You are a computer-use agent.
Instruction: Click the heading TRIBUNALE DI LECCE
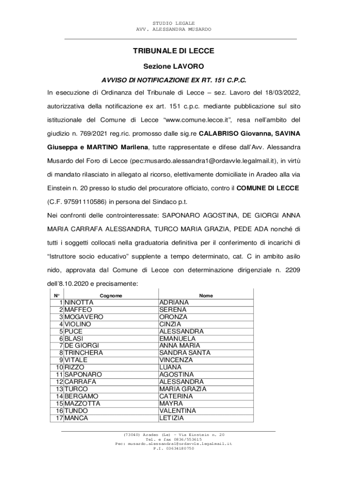pyautogui.click(x=173, y=51)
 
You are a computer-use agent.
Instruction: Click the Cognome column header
pyautogui.click(x=111, y=296)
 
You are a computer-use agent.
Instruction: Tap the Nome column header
pyautogui.click(x=206, y=296)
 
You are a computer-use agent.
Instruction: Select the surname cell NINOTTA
pyautogui.click(x=79, y=303)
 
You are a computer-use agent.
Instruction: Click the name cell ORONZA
pyautogui.click(x=173, y=317)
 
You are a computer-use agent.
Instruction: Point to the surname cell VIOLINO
pyautogui.click(x=78, y=324)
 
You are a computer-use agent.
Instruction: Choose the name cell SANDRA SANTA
pyautogui.click(x=185, y=353)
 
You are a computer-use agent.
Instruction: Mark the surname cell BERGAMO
pyautogui.click(x=81, y=396)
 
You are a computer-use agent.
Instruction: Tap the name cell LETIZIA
pyautogui.click(x=172, y=418)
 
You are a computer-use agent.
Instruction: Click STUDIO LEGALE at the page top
pyautogui.click(x=173, y=23)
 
